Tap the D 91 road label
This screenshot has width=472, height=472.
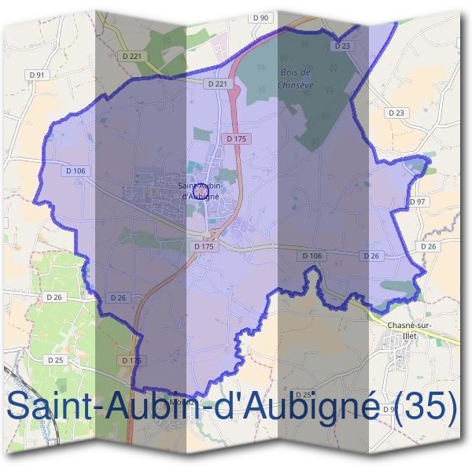(x=37, y=75)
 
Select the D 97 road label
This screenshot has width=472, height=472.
(x=417, y=202)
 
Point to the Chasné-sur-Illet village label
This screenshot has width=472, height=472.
(x=407, y=328)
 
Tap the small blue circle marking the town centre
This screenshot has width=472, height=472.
(x=201, y=191)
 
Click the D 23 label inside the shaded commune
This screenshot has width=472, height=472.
(x=341, y=46)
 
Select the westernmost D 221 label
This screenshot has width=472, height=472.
(x=132, y=56)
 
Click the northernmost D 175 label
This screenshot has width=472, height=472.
(x=236, y=138)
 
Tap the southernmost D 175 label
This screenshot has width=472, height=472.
(x=131, y=360)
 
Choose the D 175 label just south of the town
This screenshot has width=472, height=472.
(x=203, y=246)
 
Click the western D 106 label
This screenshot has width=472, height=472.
(x=76, y=171)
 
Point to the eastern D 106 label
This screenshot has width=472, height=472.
(x=312, y=256)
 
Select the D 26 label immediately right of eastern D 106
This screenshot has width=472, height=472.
(x=371, y=256)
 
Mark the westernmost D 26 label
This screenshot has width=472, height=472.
(x=54, y=297)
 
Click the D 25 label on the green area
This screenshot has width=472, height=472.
(x=54, y=360)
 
